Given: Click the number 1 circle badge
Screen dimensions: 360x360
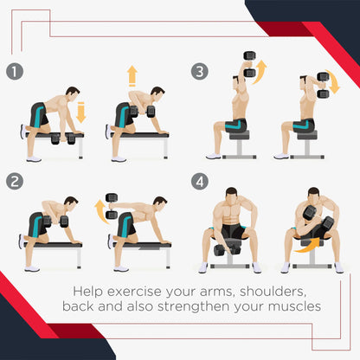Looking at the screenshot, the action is (15, 71).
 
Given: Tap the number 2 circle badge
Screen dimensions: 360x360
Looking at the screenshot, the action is (15, 182).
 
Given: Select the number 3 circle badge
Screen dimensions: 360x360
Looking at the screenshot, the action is (200, 71).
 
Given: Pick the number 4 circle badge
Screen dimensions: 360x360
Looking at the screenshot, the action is (200, 182).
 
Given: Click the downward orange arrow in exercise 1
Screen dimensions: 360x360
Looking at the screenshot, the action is (81, 112).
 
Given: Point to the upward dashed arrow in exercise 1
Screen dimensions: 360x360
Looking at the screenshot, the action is (132, 75).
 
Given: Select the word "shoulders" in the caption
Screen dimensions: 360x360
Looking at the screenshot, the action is (273, 292).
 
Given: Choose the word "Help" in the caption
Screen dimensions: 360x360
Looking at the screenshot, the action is (87, 292).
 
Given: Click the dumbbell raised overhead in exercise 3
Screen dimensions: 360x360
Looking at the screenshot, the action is (250, 64).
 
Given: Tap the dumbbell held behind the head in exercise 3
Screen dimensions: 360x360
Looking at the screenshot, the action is (324, 85).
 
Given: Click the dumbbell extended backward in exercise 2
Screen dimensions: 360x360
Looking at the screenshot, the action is (112, 206).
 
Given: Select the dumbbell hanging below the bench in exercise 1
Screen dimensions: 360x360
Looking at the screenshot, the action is (63, 138).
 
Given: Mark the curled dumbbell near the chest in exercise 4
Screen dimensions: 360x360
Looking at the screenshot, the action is (310, 214).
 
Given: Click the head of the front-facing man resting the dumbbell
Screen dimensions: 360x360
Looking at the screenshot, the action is (232, 196).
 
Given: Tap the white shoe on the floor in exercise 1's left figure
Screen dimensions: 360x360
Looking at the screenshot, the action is (34, 159).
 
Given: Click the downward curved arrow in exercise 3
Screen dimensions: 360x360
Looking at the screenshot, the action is (334, 81).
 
